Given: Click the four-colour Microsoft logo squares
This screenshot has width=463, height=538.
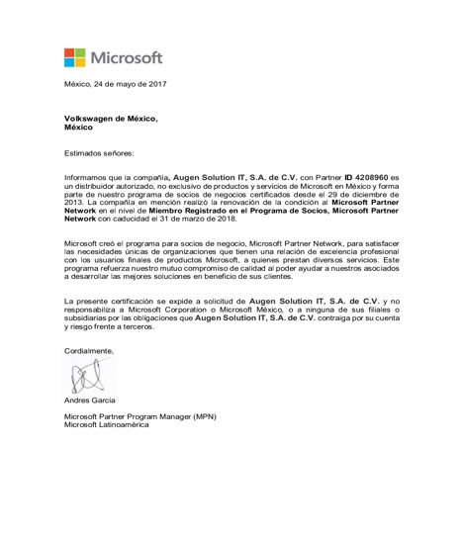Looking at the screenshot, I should pyautogui.click(x=76, y=56).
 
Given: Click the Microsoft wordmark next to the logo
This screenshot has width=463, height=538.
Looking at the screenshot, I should pyautogui.click(x=127, y=56).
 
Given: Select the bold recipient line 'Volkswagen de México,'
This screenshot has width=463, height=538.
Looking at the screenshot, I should pyautogui.click(x=111, y=119).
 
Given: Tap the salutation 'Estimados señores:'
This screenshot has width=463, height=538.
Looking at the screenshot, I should pyautogui.click(x=98, y=153).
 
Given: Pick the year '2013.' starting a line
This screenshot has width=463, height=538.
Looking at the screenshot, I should pyautogui.click(x=76, y=197).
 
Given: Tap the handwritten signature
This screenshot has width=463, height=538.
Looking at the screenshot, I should pyautogui.click(x=87, y=375).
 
